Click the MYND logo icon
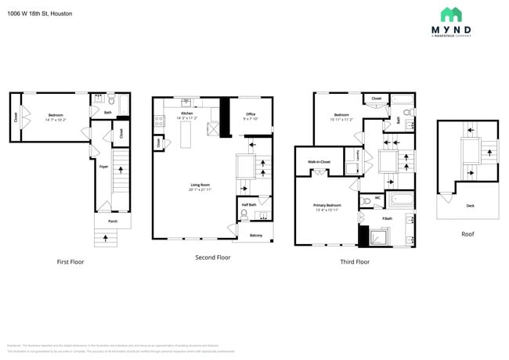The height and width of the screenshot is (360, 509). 450,15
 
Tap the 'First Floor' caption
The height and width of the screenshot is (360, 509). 70,261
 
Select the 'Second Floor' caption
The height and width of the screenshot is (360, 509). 212,257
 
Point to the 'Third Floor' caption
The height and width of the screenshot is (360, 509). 354,261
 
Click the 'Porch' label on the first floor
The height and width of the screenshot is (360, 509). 113,221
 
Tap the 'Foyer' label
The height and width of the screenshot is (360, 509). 103,166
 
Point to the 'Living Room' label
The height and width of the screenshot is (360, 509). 201,185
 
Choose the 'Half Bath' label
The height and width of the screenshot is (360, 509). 249,205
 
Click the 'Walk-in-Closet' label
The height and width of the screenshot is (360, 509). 319,162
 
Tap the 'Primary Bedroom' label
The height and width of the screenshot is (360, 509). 327,205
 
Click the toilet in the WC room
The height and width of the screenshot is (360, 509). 367,200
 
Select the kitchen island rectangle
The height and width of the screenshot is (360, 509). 186,134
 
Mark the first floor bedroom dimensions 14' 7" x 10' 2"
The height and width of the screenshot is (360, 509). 56,120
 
